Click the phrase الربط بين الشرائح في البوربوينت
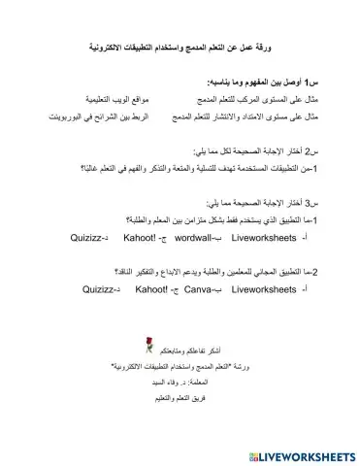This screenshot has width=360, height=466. (77, 117)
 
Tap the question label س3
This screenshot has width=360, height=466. (330, 203)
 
